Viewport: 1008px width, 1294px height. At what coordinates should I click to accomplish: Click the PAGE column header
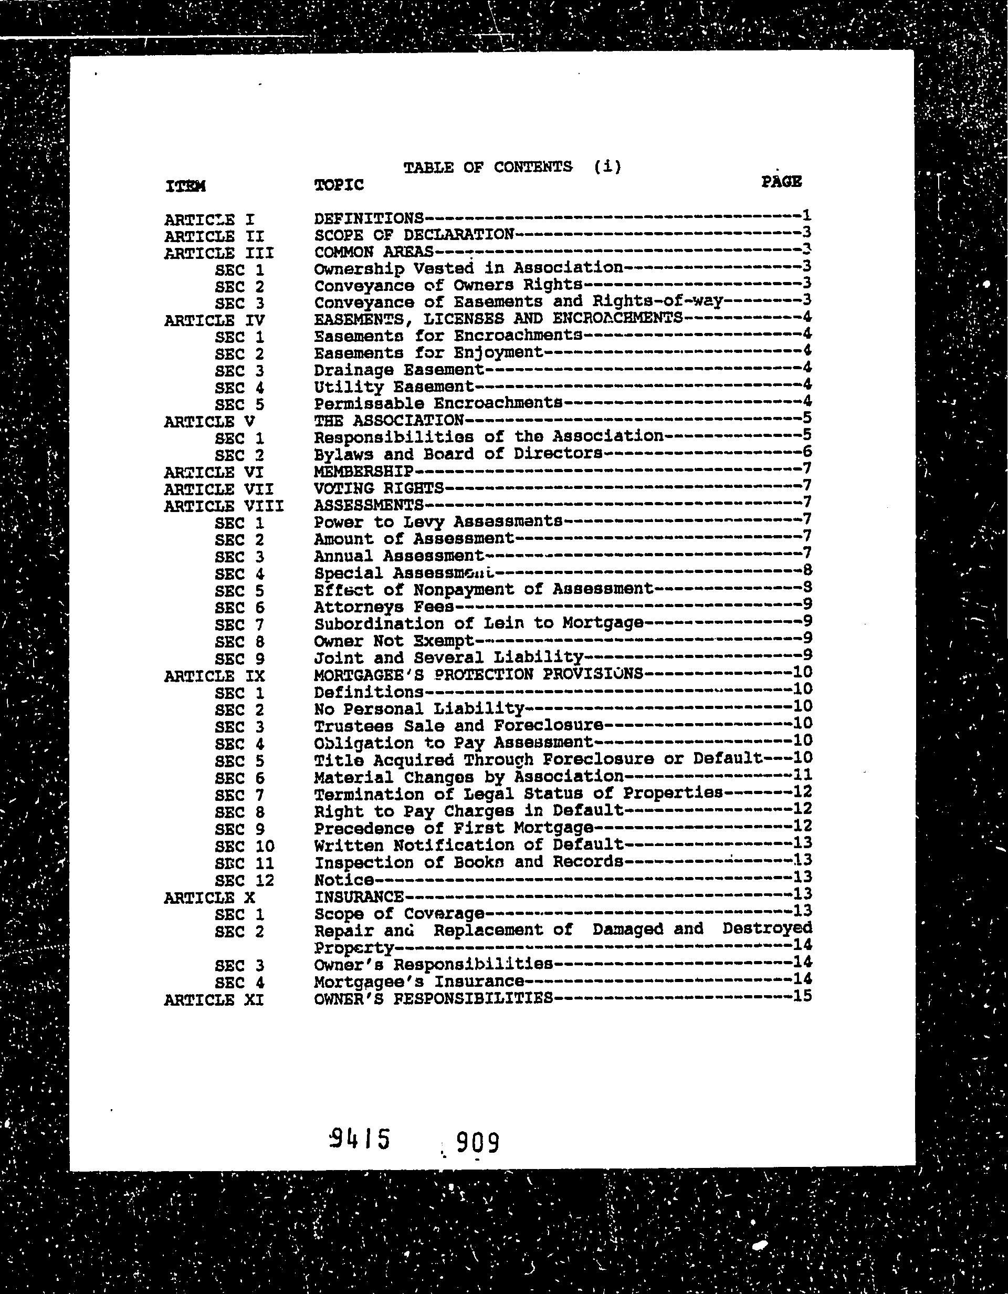pyautogui.click(x=781, y=181)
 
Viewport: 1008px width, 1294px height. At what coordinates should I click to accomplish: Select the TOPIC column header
pyautogui.click(x=339, y=185)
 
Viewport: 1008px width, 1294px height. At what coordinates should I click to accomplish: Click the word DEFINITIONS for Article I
pyautogui.click(x=369, y=218)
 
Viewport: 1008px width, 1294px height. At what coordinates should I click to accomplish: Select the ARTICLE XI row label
pyautogui.click(x=213, y=1000)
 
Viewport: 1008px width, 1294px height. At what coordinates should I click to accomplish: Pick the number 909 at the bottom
pyautogui.click(x=477, y=1142)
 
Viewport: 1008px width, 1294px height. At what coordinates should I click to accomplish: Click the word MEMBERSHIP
pyautogui.click(x=363, y=472)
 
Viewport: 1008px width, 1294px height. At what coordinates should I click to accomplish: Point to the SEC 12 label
pyautogui.click(x=245, y=881)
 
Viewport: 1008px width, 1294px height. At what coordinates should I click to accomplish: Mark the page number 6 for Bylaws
pyautogui.click(x=806, y=452)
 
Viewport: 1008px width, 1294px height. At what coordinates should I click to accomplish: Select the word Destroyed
pyautogui.click(x=767, y=928)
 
